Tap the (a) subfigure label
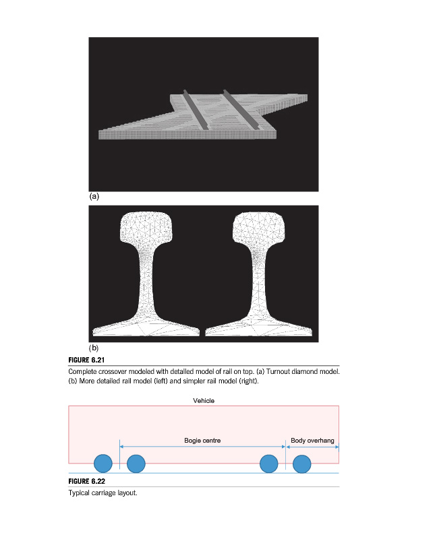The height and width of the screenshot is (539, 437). [94, 197]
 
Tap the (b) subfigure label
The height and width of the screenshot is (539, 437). [94, 348]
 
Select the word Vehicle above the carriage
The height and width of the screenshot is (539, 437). [203, 400]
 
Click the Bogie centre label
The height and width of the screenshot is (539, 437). [202, 441]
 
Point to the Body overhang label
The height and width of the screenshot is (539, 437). [312, 441]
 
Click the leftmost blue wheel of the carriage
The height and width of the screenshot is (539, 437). [103, 463]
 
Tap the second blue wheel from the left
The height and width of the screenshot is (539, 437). [136, 463]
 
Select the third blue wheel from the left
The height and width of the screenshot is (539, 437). [269, 463]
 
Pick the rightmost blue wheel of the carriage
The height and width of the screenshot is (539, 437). [301, 463]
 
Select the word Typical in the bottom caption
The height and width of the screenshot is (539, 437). [80, 493]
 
